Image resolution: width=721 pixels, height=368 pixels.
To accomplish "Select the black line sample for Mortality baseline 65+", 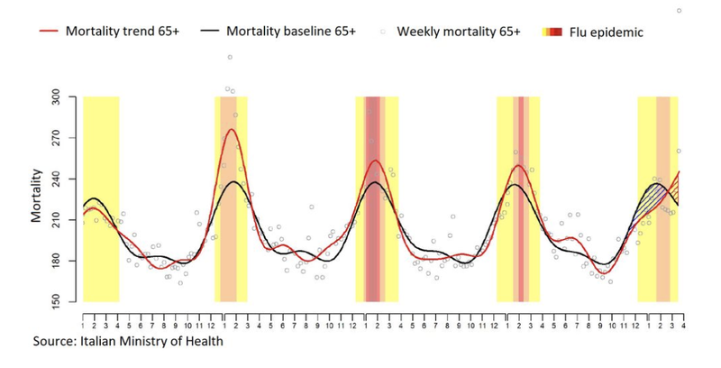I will pos(209,31).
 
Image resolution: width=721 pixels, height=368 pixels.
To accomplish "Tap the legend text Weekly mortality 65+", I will pos(459,32).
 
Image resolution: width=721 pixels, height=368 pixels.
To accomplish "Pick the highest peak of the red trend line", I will pos(232,130).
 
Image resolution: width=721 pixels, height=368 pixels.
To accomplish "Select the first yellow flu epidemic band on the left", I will pos(101,198).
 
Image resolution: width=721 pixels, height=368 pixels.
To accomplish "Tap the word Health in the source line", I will pos(203,342).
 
